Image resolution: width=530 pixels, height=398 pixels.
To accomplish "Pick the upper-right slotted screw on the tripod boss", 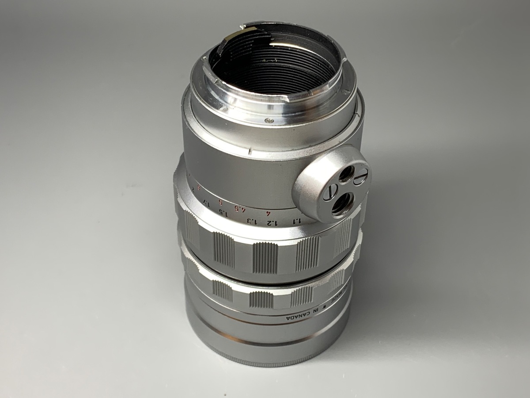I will click(360, 177).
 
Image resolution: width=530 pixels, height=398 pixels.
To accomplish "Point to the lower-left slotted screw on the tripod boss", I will click(330, 192).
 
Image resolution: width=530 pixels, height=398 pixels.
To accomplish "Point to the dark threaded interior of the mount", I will click(274, 66).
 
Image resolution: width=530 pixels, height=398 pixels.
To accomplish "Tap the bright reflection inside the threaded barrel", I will click(291, 46).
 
